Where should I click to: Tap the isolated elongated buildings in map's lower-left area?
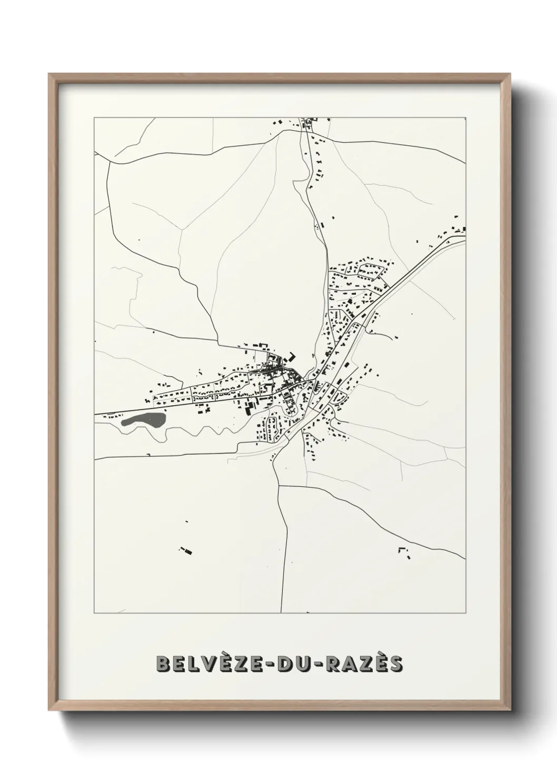pyautogui.click(x=185, y=551)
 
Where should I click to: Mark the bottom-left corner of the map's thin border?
pyautogui.click(x=94, y=613)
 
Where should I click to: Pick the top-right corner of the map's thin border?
pyautogui.click(x=466, y=118)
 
